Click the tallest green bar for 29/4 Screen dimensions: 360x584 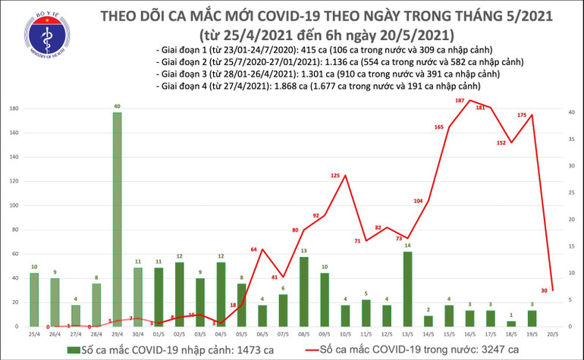coord(117,220)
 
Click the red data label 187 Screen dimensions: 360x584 coord(460,101)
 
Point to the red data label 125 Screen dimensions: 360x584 coord(334,176)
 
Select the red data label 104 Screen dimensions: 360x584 coord(418,201)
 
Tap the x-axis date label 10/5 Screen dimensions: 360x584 coord(344,333)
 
